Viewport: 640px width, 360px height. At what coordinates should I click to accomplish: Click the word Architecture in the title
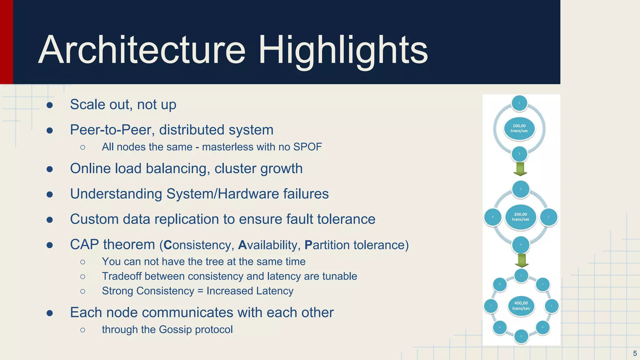click(x=142, y=50)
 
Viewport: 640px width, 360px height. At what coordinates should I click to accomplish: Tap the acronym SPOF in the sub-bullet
click(x=307, y=147)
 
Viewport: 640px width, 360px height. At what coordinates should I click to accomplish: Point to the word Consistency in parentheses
click(x=198, y=245)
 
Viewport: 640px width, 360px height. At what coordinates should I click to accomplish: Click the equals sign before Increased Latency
click(x=200, y=291)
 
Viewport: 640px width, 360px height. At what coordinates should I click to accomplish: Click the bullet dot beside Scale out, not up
click(x=49, y=105)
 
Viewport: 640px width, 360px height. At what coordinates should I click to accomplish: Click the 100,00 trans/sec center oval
click(x=519, y=128)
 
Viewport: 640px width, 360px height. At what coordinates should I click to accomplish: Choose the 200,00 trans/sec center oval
click(x=521, y=217)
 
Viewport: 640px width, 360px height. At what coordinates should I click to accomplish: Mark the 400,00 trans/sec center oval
click(x=521, y=306)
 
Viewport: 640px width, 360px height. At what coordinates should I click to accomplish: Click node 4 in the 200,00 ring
click(x=493, y=217)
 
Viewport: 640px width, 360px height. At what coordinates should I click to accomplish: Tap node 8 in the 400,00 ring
click(x=500, y=284)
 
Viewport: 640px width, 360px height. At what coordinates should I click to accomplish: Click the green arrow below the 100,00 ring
click(x=520, y=169)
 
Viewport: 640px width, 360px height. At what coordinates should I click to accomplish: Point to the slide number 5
click(x=635, y=353)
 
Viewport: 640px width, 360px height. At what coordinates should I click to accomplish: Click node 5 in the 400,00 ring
click(x=521, y=337)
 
